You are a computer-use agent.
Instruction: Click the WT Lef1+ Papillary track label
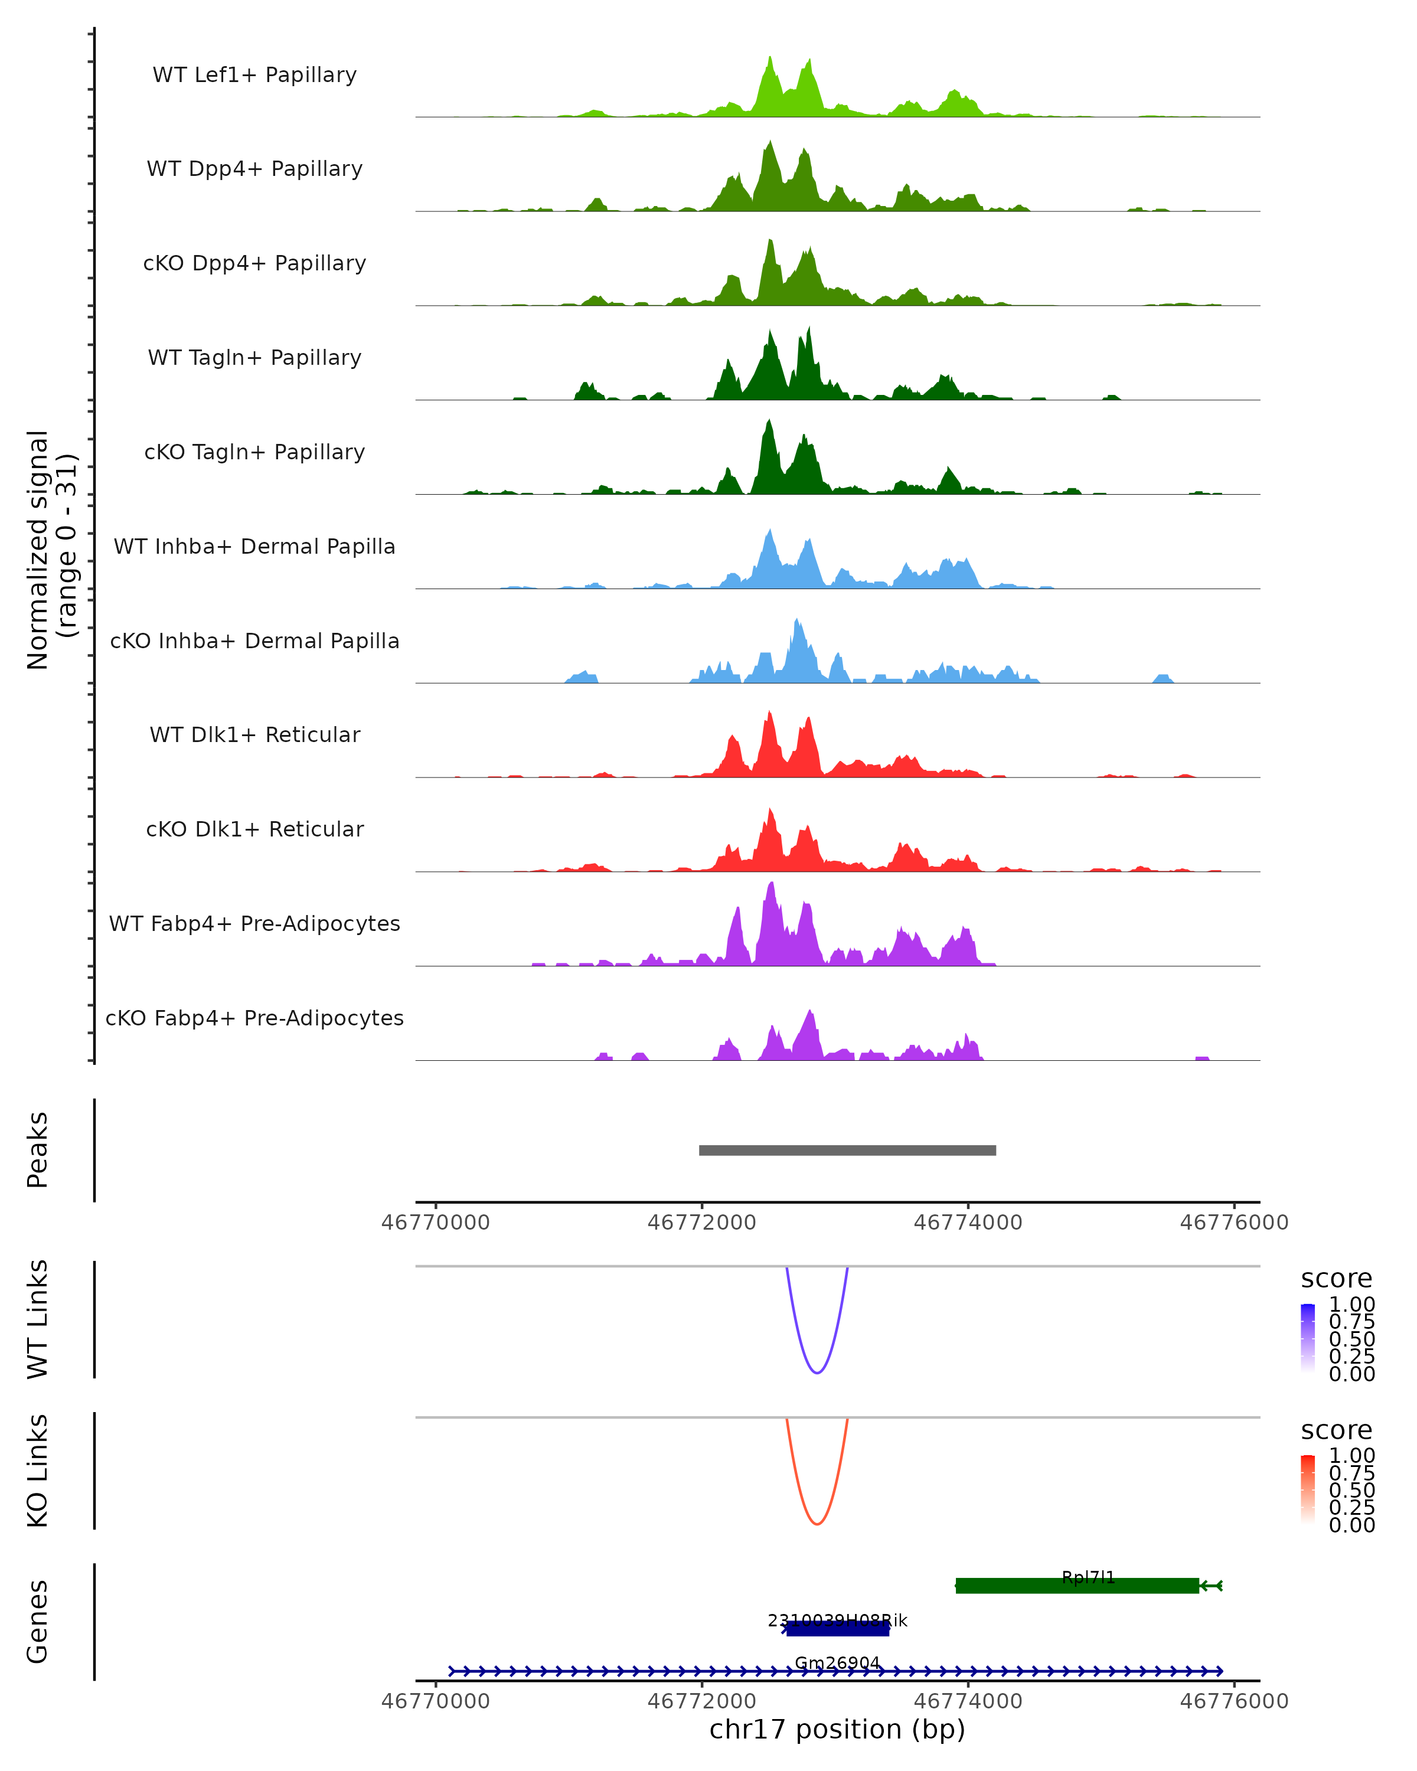tap(254, 75)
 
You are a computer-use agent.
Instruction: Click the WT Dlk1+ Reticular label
tap(254, 734)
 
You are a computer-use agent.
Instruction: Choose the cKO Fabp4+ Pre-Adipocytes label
tap(254, 1018)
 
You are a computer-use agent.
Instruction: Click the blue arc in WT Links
tap(817, 1372)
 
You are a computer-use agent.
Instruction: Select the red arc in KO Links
tap(817, 1523)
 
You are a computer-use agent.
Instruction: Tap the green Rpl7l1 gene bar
tap(1076, 1586)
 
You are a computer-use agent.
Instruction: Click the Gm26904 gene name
tap(837, 1662)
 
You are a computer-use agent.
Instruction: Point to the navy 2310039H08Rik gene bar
tap(837, 1629)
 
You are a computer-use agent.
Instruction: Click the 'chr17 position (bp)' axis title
tap(837, 1729)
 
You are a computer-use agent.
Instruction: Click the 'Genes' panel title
tap(37, 1622)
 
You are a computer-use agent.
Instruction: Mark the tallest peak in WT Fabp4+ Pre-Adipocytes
tap(770, 886)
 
